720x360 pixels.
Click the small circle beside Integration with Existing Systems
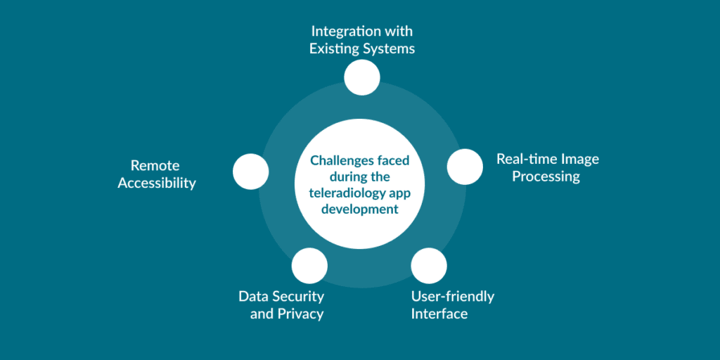362,77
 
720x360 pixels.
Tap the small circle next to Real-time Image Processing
465,167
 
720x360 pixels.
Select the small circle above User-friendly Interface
429,265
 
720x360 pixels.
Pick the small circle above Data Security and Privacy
309,265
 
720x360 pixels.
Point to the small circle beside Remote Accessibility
251,172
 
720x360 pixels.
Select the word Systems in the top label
390,49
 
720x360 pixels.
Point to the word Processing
546,176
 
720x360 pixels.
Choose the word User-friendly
453,296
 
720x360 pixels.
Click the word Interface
439,314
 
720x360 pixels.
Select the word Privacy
300,314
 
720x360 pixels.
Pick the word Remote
155,166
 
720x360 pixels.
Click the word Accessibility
157,184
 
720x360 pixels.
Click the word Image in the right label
579,159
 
